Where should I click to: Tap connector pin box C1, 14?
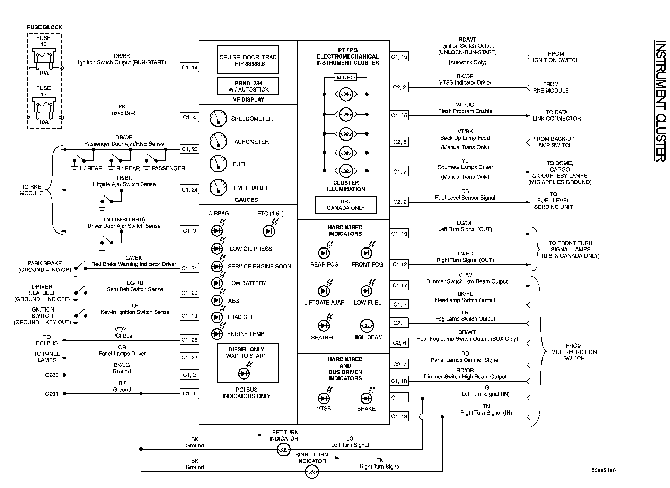[189, 68]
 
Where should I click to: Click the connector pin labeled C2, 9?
[399, 202]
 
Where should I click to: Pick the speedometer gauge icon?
[218, 119]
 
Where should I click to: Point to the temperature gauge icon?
[218, 188]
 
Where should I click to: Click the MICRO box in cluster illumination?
[345, 77]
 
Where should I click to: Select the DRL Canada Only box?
[345, 205]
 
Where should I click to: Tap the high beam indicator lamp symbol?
[367, 325]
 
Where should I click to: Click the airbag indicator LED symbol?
[217, 231]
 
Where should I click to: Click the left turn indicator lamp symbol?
[283, 450]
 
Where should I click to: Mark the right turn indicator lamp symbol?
[312, 472]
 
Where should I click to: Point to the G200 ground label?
[52, 375]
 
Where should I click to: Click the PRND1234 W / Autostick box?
[248, 86]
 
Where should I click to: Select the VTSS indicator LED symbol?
[324, 398]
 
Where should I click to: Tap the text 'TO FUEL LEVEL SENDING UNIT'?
[553, 201]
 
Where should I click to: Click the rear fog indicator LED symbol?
[324, 253]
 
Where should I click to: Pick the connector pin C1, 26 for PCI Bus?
[189, 340]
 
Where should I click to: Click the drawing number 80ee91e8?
[603, 470]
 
